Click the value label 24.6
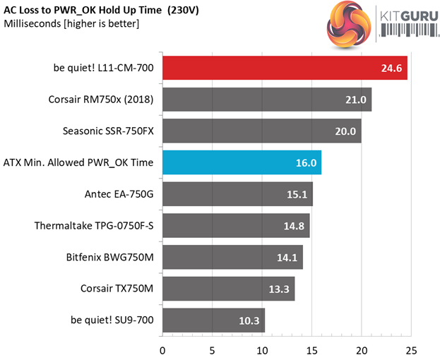click(390, 68)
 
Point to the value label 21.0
click(355, 100)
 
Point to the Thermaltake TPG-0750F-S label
click(94, 226)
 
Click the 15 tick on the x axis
click(312, 349)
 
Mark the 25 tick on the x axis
click(412, 349)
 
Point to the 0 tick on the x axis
click(163, 349)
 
